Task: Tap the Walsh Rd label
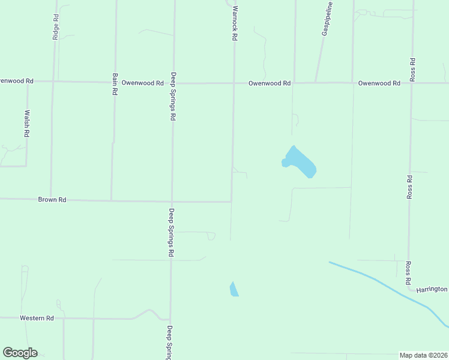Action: pyautogui.click(x=27, y=124)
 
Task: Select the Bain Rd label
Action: pyautogui.click(x=114, y=84)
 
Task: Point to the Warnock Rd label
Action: pyautogui.click(x=235, y=23)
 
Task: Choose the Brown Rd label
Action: pyautogui.click(x=52, y=199)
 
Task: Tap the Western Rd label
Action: pyautogui.click(x=37, y=317)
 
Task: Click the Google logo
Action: pyautogui.click(x=20, y=352)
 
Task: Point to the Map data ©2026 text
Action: pyautogui.click(x=424, y=355)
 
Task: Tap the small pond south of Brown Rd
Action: pyautogui.click(x=234, y=289)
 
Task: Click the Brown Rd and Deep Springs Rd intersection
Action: pyautogui.click(x=172, y=201)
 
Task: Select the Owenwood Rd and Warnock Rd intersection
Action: pyautogui.click(x=234, y=83)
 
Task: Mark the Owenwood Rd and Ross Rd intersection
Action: pyautogui.click(x=411, y=83)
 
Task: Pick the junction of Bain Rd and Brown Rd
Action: pyautogui.click(x=111, y=200)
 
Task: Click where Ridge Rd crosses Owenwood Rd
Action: pyautogui.click(x=54, y=81)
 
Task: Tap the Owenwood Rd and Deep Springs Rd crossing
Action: pyautogui.click(x=173, y=83)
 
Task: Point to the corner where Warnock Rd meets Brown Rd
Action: pyautogui.click(x=232, y=202)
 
